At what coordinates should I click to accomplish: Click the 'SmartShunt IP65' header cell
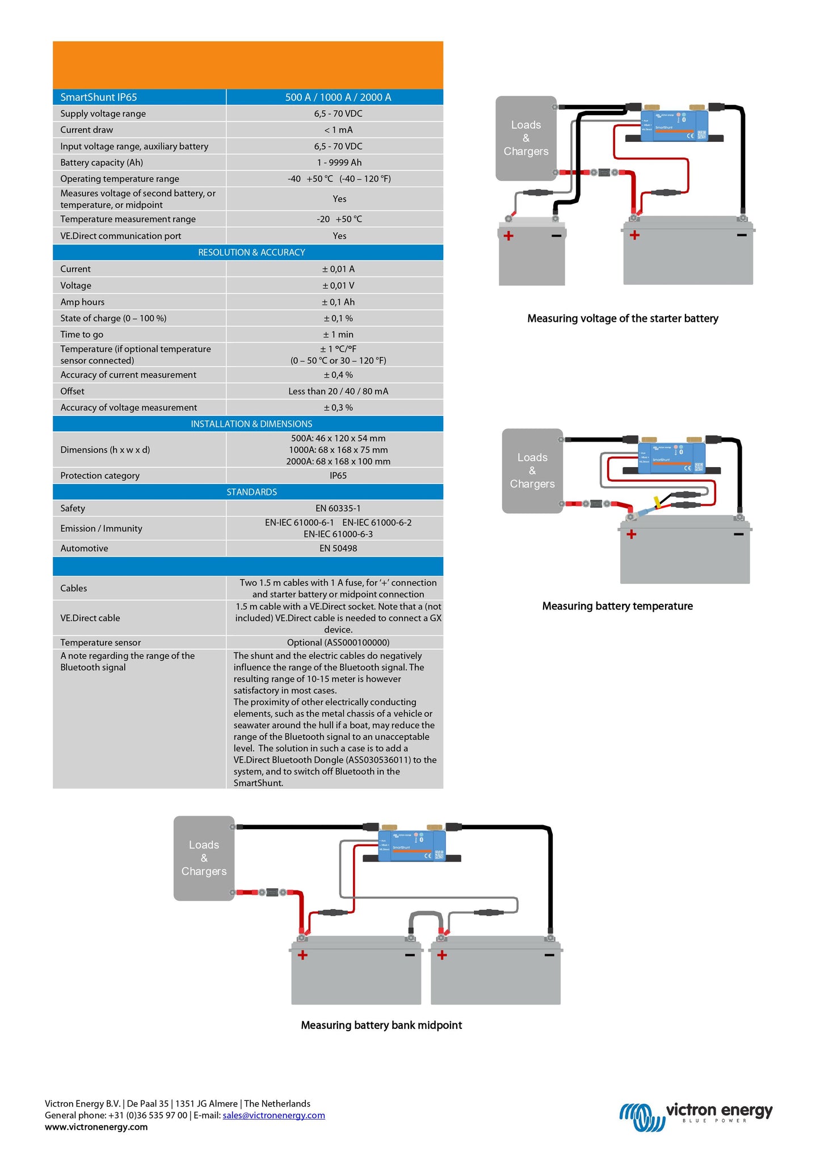coord(99,97)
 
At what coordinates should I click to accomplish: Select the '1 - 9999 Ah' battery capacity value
coord(339,162)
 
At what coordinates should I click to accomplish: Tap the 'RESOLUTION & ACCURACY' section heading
coord(251,252)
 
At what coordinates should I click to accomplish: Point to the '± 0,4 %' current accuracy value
coord(338,375)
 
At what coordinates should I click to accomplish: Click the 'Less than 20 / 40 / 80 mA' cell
coord(338,391)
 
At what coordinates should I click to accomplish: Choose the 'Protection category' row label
coord(100,476)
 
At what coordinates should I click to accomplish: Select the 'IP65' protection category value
coord(338,476)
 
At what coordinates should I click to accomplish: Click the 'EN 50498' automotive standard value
coord(338,548)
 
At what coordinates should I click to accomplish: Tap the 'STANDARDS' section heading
coord(251,492)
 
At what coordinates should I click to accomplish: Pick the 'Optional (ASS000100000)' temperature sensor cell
coord(338,642)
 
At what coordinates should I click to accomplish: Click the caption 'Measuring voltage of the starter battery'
coord(623,318)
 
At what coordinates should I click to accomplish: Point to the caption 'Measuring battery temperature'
coord(617,606)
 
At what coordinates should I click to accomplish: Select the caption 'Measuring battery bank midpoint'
coord(381,1025)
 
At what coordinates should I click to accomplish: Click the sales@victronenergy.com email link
coord(274,1115)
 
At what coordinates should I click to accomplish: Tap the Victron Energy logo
coord(696,1116)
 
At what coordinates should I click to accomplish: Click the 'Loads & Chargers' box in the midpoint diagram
coord(204,858)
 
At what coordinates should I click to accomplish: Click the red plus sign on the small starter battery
coord(508,236)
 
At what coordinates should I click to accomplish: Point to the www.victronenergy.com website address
coord(96,1127)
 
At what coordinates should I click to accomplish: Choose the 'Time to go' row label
coord(82,334)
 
